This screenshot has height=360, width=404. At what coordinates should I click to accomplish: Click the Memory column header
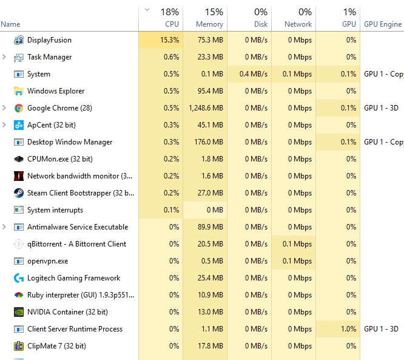[x=209, y=24]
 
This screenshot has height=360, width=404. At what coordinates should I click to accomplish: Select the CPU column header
[x=172, y=24]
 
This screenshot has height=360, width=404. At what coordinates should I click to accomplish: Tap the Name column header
[x=10, y=24]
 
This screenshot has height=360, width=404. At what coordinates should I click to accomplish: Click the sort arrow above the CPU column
[x=147, y=10]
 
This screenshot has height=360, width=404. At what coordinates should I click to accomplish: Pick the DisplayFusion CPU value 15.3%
[x=169, y=40]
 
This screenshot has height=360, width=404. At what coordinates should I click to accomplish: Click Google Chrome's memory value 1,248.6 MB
[x=206, y=108]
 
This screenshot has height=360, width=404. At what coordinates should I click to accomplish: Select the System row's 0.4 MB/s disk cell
[x=254, y=74]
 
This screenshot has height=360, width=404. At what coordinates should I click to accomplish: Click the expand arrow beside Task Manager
[x=4, y=57]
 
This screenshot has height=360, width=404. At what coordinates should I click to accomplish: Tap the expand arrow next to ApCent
[x=4, y=125]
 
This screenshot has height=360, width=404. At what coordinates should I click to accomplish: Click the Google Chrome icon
[x=19, y=108]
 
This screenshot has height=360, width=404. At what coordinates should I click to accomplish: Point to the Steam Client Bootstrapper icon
[x=19, y=193]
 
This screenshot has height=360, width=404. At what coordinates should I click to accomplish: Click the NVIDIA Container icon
[x=19, y=312]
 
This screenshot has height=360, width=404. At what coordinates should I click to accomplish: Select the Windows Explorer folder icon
[x=19, y=91]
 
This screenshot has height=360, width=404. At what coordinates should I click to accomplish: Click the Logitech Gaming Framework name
[x=73, y=278]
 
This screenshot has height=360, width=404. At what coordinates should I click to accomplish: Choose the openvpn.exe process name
[x=48, y=261]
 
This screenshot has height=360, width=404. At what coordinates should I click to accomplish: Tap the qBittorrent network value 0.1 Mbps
[x=297, y=244]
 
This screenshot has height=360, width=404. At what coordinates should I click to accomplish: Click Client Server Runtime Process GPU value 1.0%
[x=348, y=329]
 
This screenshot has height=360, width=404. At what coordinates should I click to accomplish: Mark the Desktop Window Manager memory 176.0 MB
[x=209, y=142]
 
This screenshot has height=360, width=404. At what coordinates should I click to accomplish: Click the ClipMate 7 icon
[x=19, y=346]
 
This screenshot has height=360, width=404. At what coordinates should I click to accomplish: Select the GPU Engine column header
[x=383, y=24]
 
